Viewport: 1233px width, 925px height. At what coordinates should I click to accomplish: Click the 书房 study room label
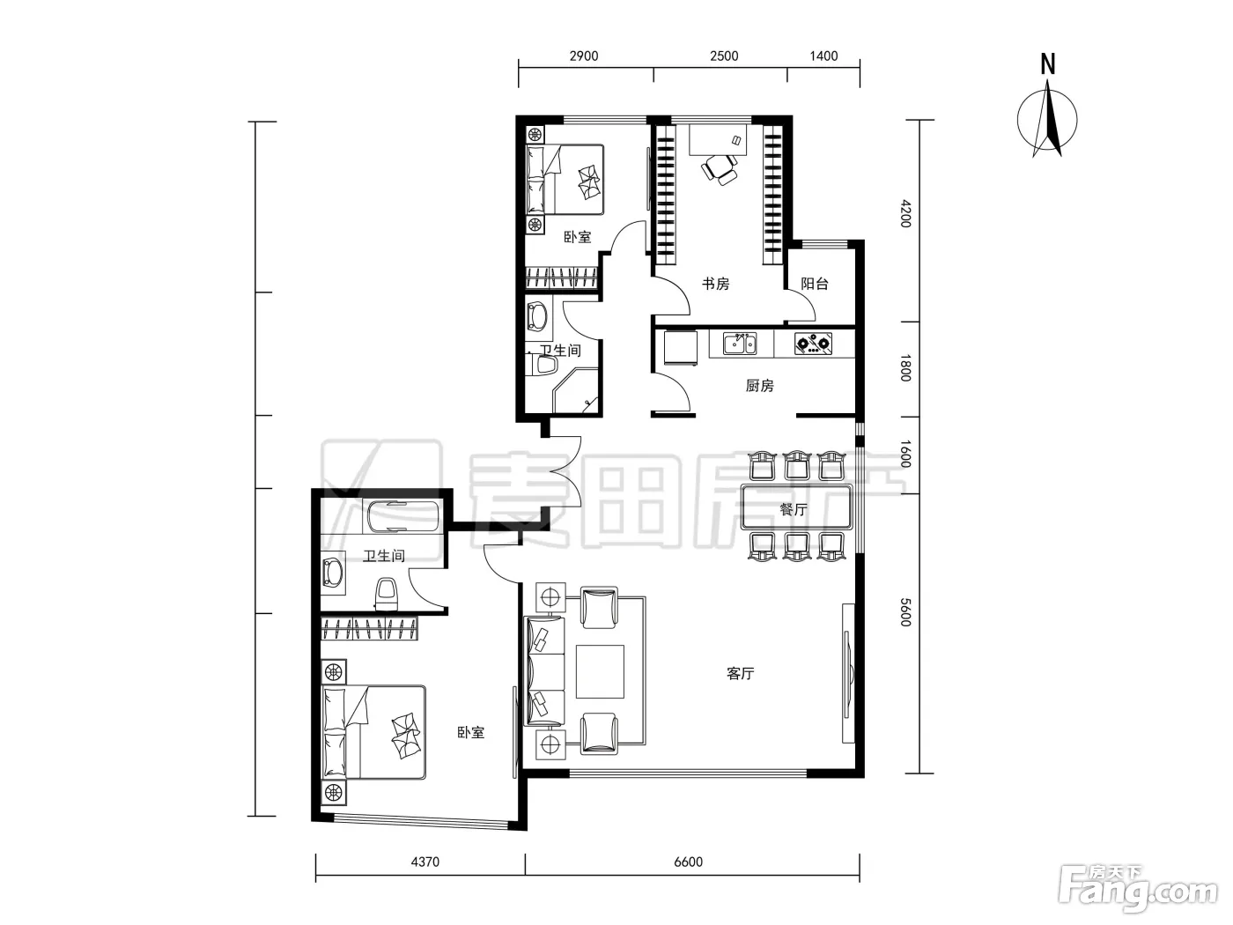[716, 285]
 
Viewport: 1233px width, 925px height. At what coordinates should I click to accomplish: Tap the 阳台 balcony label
[815, 285]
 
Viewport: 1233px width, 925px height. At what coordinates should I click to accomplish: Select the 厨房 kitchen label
[759, 386]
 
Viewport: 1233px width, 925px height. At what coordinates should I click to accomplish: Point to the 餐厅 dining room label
[794, 510]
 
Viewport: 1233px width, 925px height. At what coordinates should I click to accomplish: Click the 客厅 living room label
[741, 674]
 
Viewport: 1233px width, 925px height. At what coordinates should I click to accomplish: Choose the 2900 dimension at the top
[584, 56]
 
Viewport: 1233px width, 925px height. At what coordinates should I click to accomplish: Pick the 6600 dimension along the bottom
[688, 862]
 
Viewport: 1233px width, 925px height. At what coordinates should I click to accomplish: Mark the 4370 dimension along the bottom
[425, 862]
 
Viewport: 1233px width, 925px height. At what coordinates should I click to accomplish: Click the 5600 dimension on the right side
[905, 612]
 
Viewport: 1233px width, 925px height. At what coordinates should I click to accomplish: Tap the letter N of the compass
[1048, 64]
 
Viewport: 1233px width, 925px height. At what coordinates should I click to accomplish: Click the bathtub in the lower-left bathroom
[402, 516]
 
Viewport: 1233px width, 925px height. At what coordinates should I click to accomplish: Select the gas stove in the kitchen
[814, 344]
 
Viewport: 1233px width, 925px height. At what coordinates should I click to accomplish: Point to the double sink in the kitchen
[740, 344]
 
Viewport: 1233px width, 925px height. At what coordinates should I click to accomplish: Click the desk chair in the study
[719, 169]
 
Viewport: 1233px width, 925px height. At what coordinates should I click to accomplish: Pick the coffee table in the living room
[600, 671]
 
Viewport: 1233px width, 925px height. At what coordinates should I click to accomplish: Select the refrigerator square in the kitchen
[680, 348]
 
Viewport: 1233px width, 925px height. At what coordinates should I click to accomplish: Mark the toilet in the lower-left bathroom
[387, 594]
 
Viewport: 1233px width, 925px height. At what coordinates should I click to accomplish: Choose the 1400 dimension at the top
[823, 56]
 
